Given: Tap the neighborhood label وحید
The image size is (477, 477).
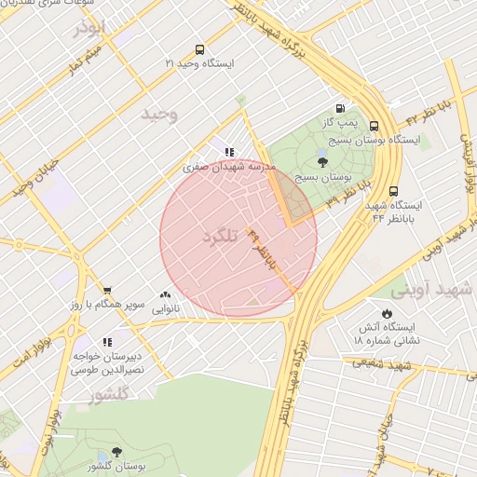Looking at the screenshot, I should [158, 115].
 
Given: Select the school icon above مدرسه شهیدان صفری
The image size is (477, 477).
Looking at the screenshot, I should [229, 152].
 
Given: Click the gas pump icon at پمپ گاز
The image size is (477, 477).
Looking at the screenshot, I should [339, 109].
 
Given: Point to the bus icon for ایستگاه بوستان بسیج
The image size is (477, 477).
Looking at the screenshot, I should [374, 126].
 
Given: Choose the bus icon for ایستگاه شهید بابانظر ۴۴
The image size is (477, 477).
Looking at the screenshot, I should [394, 190].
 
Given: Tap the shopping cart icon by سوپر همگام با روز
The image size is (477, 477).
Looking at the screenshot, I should [108, 291].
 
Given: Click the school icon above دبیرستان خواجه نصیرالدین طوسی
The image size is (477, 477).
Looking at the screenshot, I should [108, 342].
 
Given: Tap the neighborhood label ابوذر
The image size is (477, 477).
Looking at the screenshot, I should [91, 29].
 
